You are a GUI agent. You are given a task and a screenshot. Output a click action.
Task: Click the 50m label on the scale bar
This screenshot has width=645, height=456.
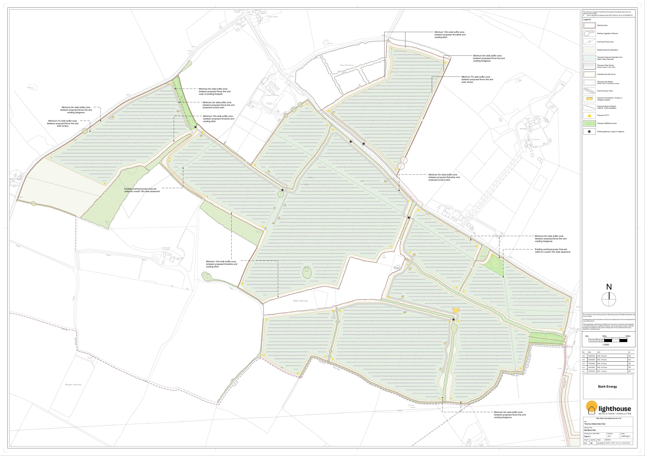tap(604, 336)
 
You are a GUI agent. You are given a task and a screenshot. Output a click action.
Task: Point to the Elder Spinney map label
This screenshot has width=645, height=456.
tap(300, 301)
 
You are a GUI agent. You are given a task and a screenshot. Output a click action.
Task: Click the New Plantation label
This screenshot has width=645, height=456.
tap(347, 65)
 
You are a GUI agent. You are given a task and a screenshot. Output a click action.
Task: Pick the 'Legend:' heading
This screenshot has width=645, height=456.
tap(587, 19)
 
